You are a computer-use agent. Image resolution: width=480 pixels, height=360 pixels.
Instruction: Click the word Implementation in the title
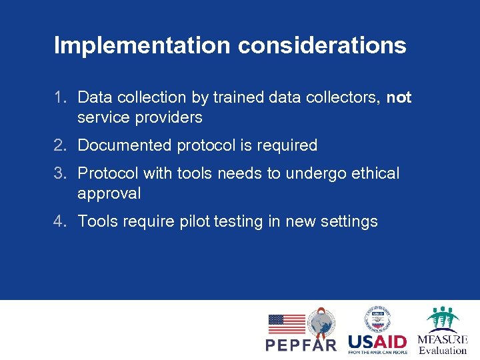coord(142,45)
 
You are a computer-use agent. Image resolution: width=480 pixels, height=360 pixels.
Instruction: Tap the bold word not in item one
coord(399,98)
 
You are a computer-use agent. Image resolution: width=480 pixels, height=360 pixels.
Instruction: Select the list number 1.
coord(60,98)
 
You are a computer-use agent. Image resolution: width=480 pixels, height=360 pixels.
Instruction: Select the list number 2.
coord(60,145)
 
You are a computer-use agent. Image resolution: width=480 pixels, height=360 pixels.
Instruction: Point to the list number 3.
coord(60,174)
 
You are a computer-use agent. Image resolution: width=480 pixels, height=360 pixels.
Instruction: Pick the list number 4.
coord(60,221)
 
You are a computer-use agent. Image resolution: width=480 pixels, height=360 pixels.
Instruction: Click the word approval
coord(109,194)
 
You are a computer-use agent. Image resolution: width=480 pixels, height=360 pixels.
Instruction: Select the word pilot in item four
coord(195,221)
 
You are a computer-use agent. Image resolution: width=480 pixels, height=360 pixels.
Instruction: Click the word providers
coord(168,118)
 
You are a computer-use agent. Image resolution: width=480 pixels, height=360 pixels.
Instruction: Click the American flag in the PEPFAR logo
coord(287,324)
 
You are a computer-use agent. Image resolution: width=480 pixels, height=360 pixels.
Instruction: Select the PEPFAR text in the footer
coord(301,345)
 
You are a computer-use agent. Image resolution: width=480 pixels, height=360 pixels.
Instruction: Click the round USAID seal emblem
coord(377,319)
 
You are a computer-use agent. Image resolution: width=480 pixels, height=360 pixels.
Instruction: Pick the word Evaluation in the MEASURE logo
coord(443,350)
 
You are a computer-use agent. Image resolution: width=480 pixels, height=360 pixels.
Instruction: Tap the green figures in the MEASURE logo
coord(443,317)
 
